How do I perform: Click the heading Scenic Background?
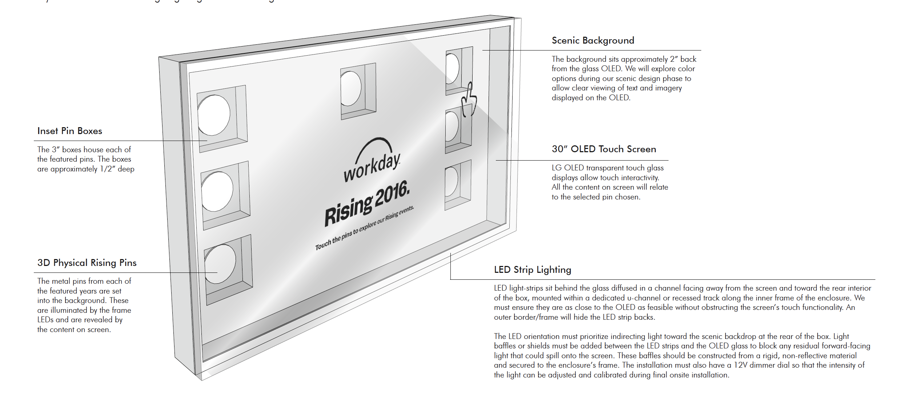pyautogui.click(x=593, y=40)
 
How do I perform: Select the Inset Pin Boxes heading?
pyautogui.click(x=69, y=131)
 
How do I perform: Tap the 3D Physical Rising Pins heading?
pyautogui.click(x=87, y=263)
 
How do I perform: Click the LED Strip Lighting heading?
pyautogui.click(x=532, y=270)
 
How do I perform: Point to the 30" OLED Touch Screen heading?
pyautogui.click(x=603, y=149)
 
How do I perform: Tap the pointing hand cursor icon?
pyautogui.click(x=469, y=100)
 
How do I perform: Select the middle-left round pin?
pyautogui.click(x=217, y=191)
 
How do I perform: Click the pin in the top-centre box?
pyautogui.click(x=350, y=89)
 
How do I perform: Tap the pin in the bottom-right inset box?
pyautogui.click(x=451, y=181)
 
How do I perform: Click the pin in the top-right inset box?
pyautogui.click(x=452, y=68)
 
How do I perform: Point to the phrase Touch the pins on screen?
pyautogui.click(x=334, y=239)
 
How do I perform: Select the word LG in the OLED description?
pyautogui.click(x=556, y=168)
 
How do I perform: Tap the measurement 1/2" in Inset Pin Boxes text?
pyautogui.click(x=108, y=169)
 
